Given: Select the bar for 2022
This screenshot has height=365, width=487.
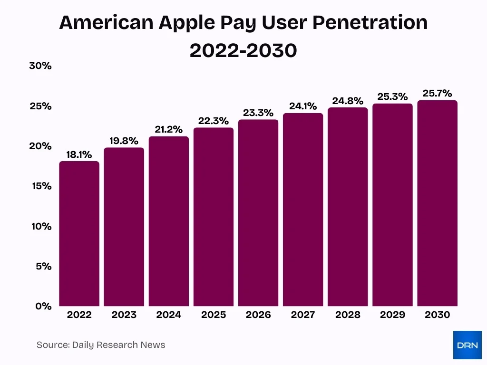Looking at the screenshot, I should [x=79, y=234].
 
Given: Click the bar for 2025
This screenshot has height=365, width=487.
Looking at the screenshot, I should [x=213, y=217].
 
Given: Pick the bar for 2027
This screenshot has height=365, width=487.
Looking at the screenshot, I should [x=302, y=210].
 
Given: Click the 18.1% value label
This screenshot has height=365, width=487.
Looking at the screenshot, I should [x=79, y=154].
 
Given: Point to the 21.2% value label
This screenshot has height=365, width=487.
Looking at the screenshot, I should [x=168, y=130].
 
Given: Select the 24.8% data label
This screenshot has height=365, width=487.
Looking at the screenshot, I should [x=347, y=101].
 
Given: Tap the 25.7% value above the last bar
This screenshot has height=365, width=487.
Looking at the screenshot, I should [x=437, y=94].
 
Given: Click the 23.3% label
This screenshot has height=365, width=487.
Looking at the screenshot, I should [x=258, y=113].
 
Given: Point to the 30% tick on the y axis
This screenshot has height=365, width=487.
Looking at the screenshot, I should [x=40, y=66].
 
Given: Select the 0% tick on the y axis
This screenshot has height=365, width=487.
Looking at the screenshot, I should [x=43, y=306].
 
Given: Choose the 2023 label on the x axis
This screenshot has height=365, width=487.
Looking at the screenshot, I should [x=124, y=315].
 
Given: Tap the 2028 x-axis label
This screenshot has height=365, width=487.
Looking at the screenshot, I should [x=347, y=315].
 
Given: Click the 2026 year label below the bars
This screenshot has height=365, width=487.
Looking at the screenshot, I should [x=258, y=315].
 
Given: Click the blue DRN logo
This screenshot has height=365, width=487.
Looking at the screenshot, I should [x=467, y=345].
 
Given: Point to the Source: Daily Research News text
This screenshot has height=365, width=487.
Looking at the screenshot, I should [x=101, y=345].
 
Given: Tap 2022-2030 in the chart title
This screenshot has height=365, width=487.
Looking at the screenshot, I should [x=243, y=50].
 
